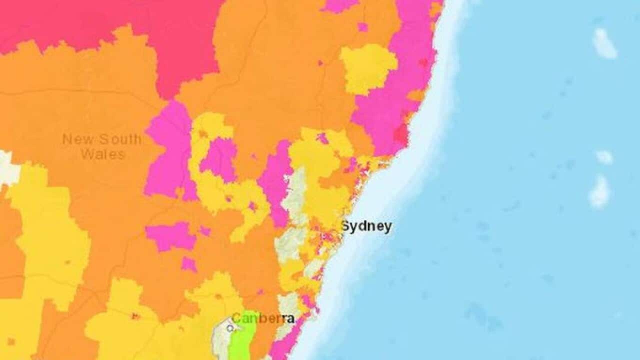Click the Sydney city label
click(x=366, y=226)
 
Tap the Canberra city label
click(x=263, y=318)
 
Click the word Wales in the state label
click(x=102, y=154)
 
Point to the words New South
click(x=101, y=139)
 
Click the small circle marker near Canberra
click(x=229, y=328)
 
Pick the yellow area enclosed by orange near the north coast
click(x=368, y=67)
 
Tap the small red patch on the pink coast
click(x=401, y=134)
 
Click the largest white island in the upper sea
click(x=603, y=43)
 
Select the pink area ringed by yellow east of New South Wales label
click(x=219, y=159)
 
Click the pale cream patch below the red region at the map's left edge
click(x=7, y=167)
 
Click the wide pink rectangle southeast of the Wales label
click(x=170, y=236)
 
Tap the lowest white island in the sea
click(x=599, y=192)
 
